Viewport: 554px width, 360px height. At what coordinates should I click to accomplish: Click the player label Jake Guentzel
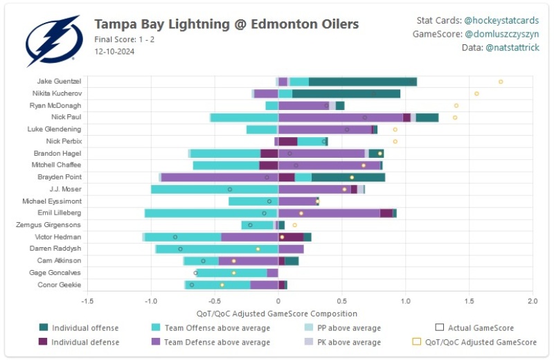pos(59,81)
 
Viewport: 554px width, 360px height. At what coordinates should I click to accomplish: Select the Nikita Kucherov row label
pos(57,93)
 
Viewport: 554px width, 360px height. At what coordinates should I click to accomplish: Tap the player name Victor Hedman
pos(58,237)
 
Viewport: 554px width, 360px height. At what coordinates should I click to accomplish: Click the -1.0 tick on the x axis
pos(151,301)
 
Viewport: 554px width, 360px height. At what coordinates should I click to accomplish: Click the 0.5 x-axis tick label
pos(341,301)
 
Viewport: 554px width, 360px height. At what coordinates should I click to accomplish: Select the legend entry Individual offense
pos(85,327)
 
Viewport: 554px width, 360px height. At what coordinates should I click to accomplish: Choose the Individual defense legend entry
pos(85,342)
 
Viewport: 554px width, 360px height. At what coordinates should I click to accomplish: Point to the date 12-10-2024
pos(114,51)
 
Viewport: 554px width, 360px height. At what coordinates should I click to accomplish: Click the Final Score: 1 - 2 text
pos(123,39)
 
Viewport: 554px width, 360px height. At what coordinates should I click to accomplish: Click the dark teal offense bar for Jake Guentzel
pos(362,82)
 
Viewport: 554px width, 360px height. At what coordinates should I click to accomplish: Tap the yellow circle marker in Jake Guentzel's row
pos(501,82)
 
